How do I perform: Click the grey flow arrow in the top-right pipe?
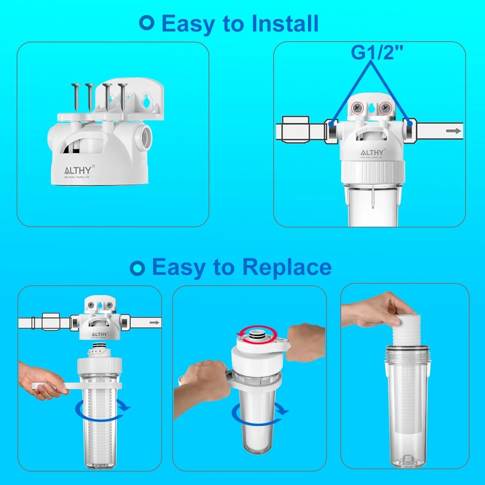pyautogui.click(x=453, y=131)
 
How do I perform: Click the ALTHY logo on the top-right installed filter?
pyautogui.click(x=373, y=152)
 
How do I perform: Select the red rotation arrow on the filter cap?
pyautogui.click(x=256, y=332)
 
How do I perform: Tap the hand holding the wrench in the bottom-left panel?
pyautogui.click(x=40, y=381)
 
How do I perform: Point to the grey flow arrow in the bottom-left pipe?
pyautogui.click(x=153, y=323)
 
